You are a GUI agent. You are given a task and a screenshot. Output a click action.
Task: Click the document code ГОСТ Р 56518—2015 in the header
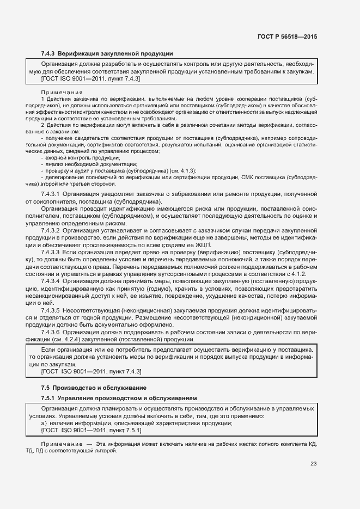(287, 36)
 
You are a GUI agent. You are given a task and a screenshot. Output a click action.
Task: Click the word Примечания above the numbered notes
(62, 93)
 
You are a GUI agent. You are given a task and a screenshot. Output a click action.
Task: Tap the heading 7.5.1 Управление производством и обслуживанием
(119, 398)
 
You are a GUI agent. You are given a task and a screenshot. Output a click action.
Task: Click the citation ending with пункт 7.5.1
(91, 431)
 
